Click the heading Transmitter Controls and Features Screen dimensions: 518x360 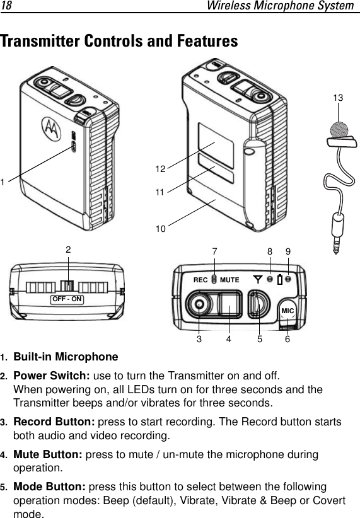[x=120, y=42]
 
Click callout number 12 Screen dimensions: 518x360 [x=161, y=169]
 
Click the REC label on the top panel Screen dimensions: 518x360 [x=200, y=279]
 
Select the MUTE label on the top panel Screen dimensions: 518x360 [x=229, y=279]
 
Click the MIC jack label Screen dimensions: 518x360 [x=288, y=311]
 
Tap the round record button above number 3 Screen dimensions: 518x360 [x=200, y=306]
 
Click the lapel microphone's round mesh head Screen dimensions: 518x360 [x=339, y=130]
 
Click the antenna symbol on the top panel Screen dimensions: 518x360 [x=257, y=278]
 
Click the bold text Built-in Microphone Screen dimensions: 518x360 [x=66, y=357]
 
